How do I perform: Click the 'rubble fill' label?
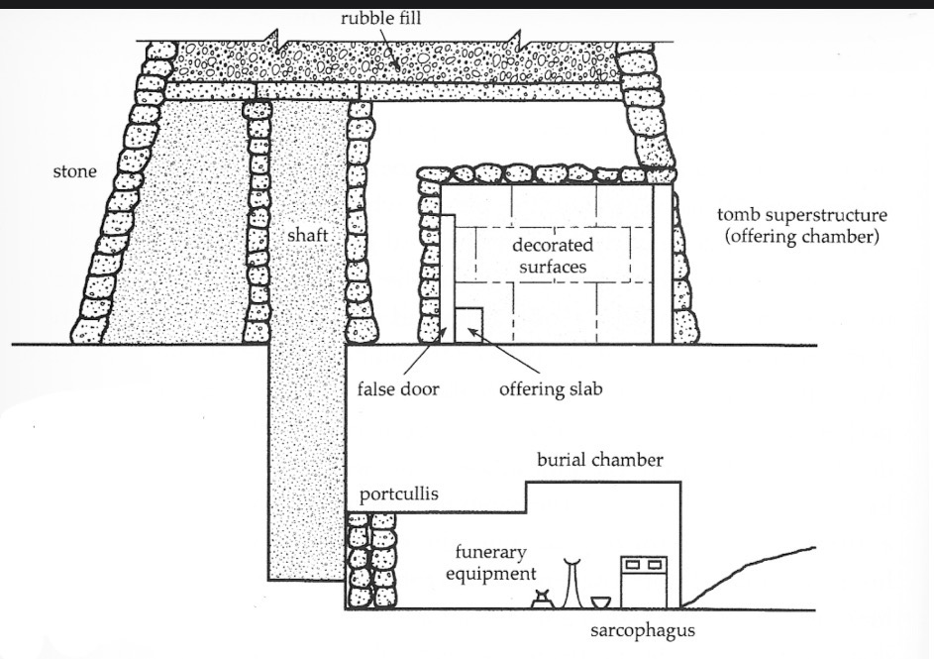pyautogui.click(x=380, y=18)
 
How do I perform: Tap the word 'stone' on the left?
pyautogui.click(x=74, y=171)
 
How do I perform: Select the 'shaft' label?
pyautogui.click(x=307, y=236)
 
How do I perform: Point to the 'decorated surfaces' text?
pyautogui.click(x=553, y=256)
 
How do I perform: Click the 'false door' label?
pyautogui.click(x=398, y=389)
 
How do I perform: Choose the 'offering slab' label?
pyautogui.click(x=551, y=389)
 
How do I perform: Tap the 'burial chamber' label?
pyautogui.click(x=600, y=460)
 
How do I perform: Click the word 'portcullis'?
pyautogui.click(x=398, y=494)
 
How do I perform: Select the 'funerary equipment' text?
pyautogui.click(x=491, y=563)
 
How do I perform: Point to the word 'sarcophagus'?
pyautogui.click(x=643, y=631)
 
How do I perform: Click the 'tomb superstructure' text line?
pyautogui.click(x=801, y=214)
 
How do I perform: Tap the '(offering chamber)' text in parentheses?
pyautogui.click(x=801, y=237)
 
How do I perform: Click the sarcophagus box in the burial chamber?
pyautogui.click(x=644, y=582)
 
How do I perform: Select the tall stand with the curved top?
pyautogui.click(x=572, y=583)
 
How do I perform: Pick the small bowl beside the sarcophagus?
pyautogui.click(x=600, y=603)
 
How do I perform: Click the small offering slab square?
pyautogui.click(x=468, y=325)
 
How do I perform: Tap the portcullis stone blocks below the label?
pyautogui.click(x=371, y=560)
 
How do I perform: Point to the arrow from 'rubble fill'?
pyautogui.click(x=390, y=49)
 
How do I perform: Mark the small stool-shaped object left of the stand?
pyautogui.click(x=542, y=599)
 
